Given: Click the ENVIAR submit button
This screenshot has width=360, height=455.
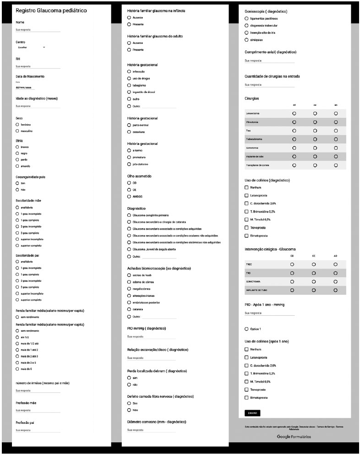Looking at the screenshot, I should pos(252,412).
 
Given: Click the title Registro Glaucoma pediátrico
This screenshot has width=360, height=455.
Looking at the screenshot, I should pos(51,10).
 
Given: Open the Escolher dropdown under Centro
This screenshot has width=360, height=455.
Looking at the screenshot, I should pos(31,47).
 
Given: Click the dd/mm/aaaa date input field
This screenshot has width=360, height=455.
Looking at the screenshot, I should pos(25,87).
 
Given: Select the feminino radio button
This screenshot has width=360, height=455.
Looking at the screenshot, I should pos(17,124).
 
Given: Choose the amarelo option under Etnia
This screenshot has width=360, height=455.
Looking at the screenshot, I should pos(17,166).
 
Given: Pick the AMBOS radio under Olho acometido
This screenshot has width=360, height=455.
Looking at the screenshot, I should pos(129,196).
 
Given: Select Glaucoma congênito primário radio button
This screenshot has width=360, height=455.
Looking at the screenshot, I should pos(129,214).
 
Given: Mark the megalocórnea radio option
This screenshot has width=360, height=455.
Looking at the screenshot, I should pos(129,289).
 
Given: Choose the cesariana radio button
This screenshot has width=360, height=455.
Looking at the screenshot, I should pos(129,132).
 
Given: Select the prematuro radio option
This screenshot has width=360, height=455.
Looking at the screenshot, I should pos(129,157).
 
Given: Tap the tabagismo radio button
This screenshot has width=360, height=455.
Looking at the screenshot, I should pos(129,85).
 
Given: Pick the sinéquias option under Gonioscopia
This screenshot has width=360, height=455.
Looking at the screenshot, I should pos(247,40).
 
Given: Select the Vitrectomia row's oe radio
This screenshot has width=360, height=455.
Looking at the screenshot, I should pos(315,122).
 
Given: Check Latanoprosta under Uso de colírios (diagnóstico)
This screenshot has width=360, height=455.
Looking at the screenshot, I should pos(247,195).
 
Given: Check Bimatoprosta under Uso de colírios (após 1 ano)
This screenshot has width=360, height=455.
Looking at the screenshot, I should pos(247,397).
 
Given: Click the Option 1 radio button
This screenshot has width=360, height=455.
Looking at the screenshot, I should pos(247,329).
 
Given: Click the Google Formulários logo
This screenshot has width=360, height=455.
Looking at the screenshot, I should pos(294,437).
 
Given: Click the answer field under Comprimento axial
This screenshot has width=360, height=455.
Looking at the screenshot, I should pos(269,60).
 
